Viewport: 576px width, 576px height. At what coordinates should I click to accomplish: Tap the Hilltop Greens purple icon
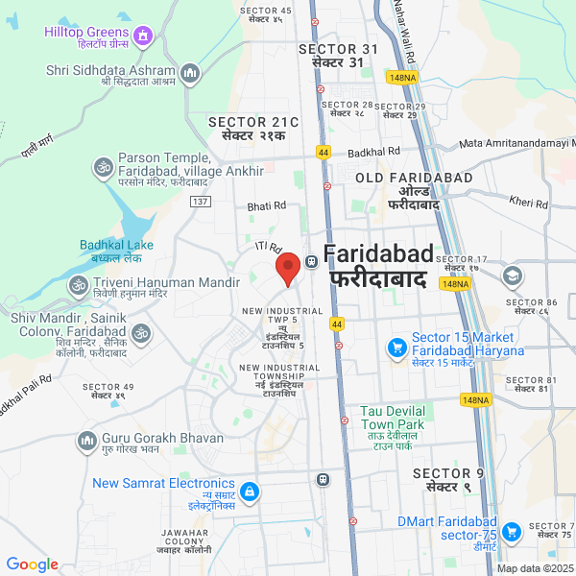click(x=143, y=36)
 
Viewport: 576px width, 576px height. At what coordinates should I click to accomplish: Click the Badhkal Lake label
click(x=111, y=252)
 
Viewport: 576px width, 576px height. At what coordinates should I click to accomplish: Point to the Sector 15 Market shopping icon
click(x=396, y=348)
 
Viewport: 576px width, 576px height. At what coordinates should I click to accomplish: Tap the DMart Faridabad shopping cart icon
click(x=511, y=530)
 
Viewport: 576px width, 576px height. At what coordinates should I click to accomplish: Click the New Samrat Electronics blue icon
click(x=249, y=492)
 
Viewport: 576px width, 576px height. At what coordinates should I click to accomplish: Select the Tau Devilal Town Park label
click(x=392, y=417)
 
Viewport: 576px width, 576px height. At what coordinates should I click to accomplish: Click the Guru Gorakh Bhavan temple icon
click(x=85, y=441)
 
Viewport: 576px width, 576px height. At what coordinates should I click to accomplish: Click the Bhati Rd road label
click(x=267, y=205)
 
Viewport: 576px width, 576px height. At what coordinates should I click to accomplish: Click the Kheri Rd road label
click(x=528, y=203)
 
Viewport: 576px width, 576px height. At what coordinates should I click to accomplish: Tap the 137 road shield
click(x=200, y=201)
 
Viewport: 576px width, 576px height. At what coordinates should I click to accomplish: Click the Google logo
click(x=33, y=564)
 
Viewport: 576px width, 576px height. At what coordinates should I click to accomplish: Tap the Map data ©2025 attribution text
click(x=534, y=568)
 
